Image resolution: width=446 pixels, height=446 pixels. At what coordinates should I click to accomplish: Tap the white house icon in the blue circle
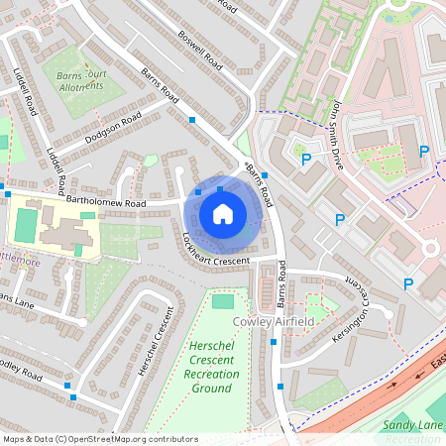coord(223,213)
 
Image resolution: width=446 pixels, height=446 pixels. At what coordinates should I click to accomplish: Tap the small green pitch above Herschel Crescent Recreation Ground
coord(224,301)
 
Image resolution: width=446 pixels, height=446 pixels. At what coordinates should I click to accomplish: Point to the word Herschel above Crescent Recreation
coord(212,344)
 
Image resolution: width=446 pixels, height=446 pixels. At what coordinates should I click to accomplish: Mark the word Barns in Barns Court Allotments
coord(67,73)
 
